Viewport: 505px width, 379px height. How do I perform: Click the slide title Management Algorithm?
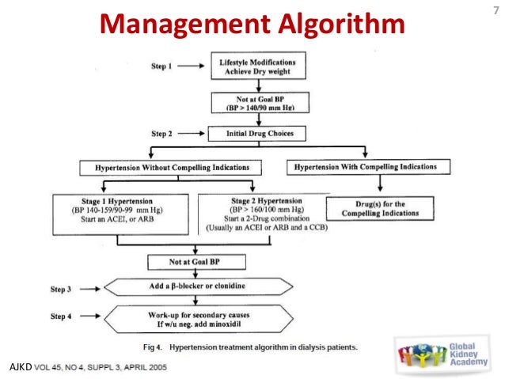(252, 24)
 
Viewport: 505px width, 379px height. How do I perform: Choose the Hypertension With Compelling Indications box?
(365, 168)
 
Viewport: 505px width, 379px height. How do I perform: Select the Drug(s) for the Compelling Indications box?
(380, 209)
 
